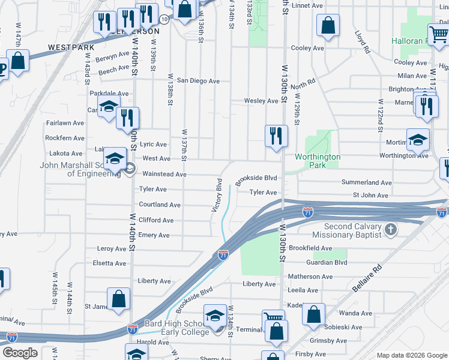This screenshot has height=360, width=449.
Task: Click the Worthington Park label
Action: [x=318, y=161]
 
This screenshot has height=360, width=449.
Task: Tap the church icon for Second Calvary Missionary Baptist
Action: [x=390, y=229]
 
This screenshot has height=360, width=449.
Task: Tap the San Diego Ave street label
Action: [x=197, y=80]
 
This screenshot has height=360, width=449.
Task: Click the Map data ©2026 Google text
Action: [x=411, y=355]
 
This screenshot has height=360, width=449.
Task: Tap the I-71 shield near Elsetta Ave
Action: [x=223, y=255]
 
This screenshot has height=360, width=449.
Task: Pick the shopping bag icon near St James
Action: [x=119, y=298]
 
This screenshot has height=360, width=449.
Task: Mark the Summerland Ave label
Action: [x=366, y=182]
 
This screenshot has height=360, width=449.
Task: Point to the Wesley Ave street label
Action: [x=261, y=101]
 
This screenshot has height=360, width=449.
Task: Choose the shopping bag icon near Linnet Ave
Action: [x=328, y=25]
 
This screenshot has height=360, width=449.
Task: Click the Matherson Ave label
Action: [x=310, y=277]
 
